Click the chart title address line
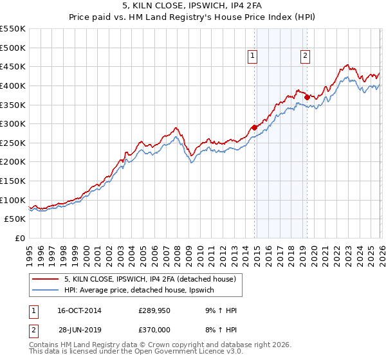tap(193, 6)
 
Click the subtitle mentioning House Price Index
tap(193, 17)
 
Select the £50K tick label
tap(15, 219)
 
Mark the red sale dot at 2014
tap(254, 127)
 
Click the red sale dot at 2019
tap(307, 97)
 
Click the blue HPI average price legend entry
tap(142, 291)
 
